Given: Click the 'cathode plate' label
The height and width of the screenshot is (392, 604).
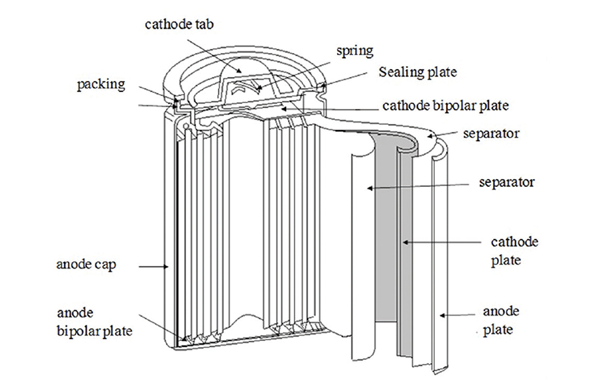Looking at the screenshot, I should point(514,251).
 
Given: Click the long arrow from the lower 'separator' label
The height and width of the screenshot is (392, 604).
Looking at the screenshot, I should point(418,186).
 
